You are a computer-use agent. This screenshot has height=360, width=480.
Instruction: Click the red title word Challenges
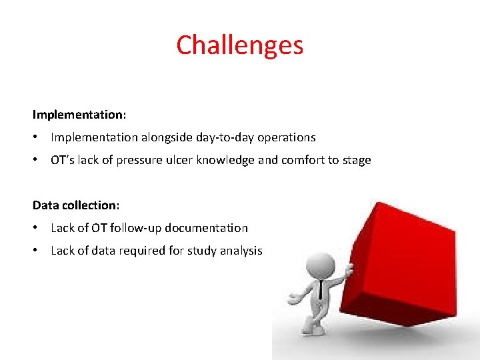click(240, 45)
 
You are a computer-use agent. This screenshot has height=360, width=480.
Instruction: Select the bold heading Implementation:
click(79, 115)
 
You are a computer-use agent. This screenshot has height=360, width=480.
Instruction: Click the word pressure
click(139, 161)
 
